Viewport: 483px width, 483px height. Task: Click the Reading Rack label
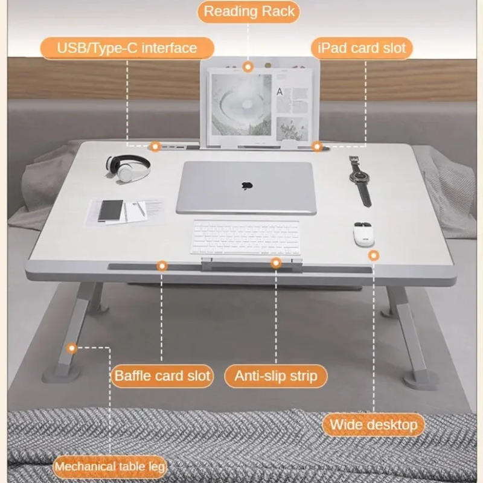tap(249, 11)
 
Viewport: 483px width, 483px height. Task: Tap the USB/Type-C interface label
tap(127, 48)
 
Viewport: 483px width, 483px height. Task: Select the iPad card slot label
tap(362, 48)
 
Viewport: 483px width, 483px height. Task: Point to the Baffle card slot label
tap(162, 376)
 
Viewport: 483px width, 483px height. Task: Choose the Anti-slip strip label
tap(275, 376)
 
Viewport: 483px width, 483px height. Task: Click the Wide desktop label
tap(373, 424)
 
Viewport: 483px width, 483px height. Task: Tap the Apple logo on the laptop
tap(246, 185)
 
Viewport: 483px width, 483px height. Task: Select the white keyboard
tap(246, 236)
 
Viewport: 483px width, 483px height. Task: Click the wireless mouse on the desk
tap(363, 234)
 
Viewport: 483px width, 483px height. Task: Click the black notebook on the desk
tap(110, 210)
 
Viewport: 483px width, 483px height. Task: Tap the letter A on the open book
tap(280, 92)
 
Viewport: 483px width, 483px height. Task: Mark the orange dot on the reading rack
tap(248, 67)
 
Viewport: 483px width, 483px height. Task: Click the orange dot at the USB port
tap(155, 146)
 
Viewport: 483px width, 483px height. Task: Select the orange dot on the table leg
tap(72, 348)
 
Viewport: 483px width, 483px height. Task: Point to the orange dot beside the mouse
tap(374, 255)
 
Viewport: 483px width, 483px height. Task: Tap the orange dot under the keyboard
tap(276, 263)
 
